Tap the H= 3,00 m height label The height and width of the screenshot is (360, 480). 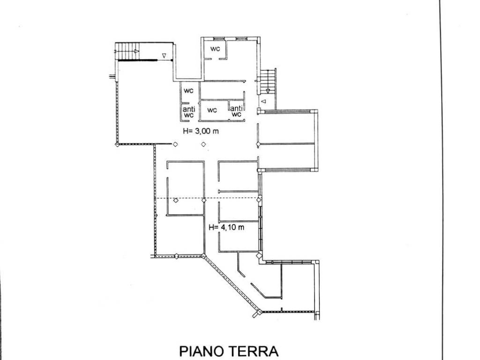coord(201,131)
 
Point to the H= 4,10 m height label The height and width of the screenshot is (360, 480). coord(226,228)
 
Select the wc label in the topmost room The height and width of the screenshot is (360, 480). coord(215,49)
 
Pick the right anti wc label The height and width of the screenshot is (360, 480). coord(237,111)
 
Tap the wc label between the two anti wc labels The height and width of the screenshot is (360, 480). coord(212,111)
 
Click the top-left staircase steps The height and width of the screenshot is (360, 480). coord(127,50)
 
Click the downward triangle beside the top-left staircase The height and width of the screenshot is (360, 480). coord(164,56)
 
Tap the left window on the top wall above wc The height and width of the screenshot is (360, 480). coord(219,38)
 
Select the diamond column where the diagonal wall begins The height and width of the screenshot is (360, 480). coord(203,255)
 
